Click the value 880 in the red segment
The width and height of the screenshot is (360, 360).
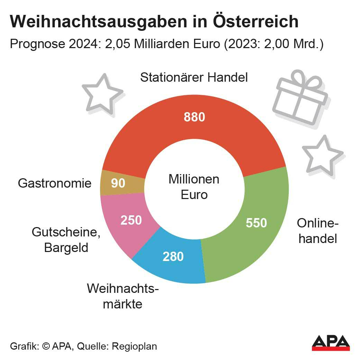point(194,117)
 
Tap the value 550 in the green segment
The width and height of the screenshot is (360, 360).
point(256,223)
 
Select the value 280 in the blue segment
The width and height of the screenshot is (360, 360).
point(173,256)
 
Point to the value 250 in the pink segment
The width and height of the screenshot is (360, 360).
point(131,220)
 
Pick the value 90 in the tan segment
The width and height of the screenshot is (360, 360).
point(118,183)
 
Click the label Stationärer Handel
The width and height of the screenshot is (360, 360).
point(194,77)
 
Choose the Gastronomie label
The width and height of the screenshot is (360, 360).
point(55,183)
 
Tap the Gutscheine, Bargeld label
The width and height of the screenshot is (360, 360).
point(66,240)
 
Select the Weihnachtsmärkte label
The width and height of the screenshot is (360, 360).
point(123,296)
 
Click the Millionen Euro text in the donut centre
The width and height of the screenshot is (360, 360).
point(194,187)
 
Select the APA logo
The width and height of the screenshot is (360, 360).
point(330,342)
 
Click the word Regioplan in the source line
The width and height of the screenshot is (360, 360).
point(135,346)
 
